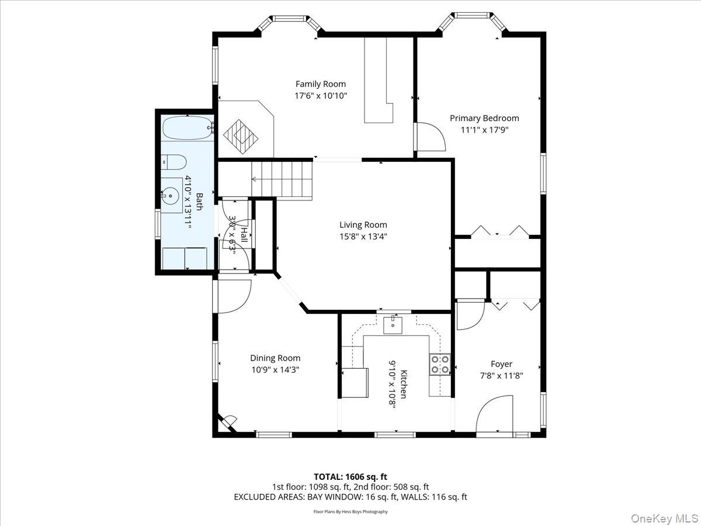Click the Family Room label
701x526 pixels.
tap(320, 84)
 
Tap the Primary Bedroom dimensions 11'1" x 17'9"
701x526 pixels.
tap(484, 130)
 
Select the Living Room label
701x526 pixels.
tap(363, 225)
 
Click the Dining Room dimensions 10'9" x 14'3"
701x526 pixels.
tap(275, 370)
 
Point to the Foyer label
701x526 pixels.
tap(501, 364)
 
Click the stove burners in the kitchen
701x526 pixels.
tap(440, 364)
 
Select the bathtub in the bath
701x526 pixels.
tap(187, 128)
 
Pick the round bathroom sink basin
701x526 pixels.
tap(171, 196)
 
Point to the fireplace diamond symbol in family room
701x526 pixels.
tap(241, 135)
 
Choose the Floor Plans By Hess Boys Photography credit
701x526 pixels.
tap(350, 512)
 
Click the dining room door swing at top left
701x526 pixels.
tap(232, 296)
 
